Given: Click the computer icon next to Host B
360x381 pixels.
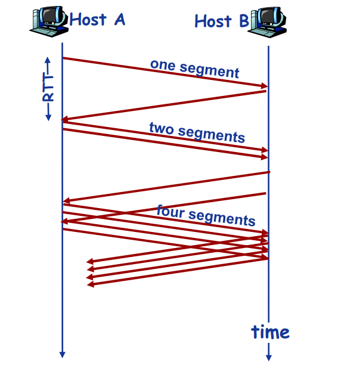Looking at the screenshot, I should click(268, 20).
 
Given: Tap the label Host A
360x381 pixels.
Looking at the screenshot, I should click(97, 19).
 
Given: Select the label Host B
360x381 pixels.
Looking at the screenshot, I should click(222, 21).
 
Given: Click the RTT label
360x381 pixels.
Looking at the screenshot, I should click(48, 89).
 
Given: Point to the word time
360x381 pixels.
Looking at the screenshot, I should click(270, 332).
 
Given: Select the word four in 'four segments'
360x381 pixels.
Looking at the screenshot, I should click(169, 210).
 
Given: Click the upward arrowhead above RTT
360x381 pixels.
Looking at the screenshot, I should click(48, 60).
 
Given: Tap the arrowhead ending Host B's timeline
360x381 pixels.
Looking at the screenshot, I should click(268, 357).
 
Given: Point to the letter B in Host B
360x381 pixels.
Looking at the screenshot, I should click(243, 21).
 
